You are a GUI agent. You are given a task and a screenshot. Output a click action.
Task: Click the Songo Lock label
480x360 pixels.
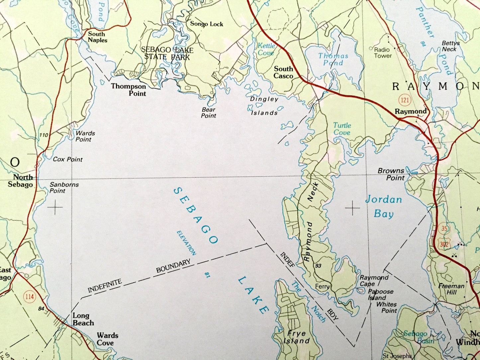pos(207,24)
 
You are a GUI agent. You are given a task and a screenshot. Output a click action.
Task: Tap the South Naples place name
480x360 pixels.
pos(97,37)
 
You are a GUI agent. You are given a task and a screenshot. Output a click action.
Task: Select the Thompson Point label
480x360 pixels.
pos(129,90)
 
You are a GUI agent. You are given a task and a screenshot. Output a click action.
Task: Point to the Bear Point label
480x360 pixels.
pos(209,113)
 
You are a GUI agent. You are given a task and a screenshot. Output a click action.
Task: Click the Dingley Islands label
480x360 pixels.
pos(264,106)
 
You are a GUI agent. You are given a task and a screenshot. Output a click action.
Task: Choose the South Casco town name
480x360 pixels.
pos(283,72)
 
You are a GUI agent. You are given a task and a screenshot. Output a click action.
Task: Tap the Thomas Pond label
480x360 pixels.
pos(333,59)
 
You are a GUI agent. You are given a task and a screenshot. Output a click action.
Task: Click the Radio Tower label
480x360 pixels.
pos(383,52)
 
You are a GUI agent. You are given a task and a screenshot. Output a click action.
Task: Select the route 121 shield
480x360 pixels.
pos(406,100)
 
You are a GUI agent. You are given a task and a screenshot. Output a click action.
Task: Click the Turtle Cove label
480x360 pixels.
pos(342,129)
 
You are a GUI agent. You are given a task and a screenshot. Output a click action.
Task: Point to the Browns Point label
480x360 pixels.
pos(391,174)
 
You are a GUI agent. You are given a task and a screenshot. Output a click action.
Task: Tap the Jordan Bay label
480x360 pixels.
pos(384,206)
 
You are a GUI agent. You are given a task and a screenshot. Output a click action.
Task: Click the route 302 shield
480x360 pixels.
pos(445,245)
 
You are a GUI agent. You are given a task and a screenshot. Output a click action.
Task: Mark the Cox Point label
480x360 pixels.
pos(68,159)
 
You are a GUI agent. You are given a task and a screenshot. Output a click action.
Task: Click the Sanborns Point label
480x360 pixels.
pos(64,188)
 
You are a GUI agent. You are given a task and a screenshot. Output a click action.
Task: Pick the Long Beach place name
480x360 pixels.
pos(83,319)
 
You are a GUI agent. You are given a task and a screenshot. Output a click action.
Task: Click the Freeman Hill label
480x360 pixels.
pos(451,289)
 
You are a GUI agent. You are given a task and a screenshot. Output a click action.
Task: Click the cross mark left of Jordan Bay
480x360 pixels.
pos(352,208)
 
